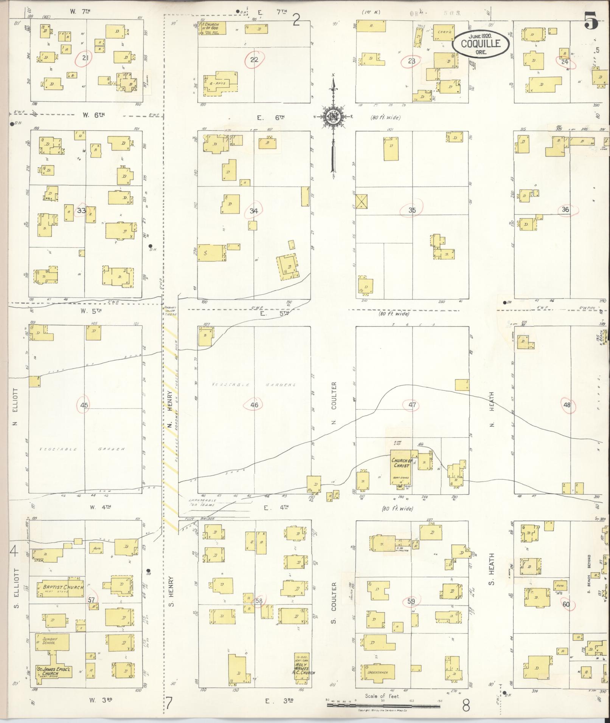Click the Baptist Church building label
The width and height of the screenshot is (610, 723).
coord(60,587)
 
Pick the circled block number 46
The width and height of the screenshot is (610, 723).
coord(254,405)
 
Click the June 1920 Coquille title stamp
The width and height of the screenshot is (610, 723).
coord(480,43)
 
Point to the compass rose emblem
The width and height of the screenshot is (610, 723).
coord(333,117)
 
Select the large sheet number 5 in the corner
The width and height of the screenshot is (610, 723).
coord(591,21)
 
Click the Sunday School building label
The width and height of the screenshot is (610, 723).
coord(49,640)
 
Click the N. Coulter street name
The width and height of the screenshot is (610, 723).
coord(334,403)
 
